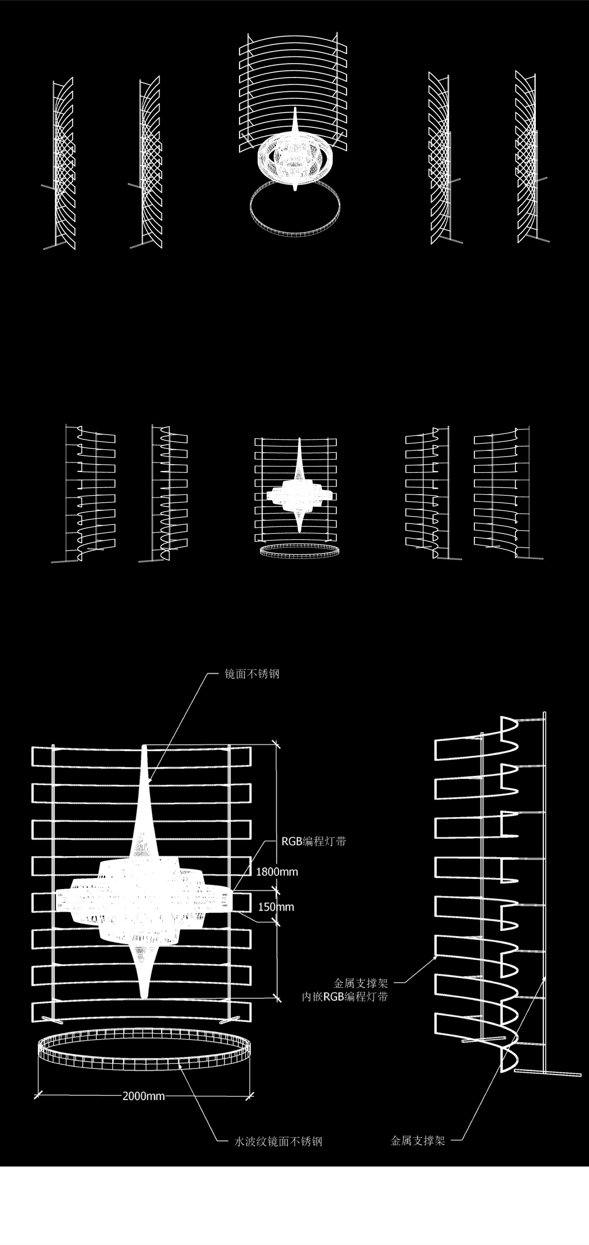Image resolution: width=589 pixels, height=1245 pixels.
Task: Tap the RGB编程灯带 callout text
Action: (x=313, y=842)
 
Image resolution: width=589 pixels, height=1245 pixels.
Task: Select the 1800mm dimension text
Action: (x=277, y=872)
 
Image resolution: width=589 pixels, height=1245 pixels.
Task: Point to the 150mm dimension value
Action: (x=276, y=907)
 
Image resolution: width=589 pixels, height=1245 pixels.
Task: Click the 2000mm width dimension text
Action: (x=144, y=1096)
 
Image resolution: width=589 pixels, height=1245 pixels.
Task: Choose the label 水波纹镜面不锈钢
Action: (x=278, y=1142)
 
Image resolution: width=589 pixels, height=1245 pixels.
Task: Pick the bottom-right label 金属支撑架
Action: (x=417, y=1141)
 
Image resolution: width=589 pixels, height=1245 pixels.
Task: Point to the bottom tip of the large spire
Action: (x=144, y=996)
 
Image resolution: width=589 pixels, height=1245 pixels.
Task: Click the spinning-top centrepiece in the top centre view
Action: (x=295, y=155)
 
